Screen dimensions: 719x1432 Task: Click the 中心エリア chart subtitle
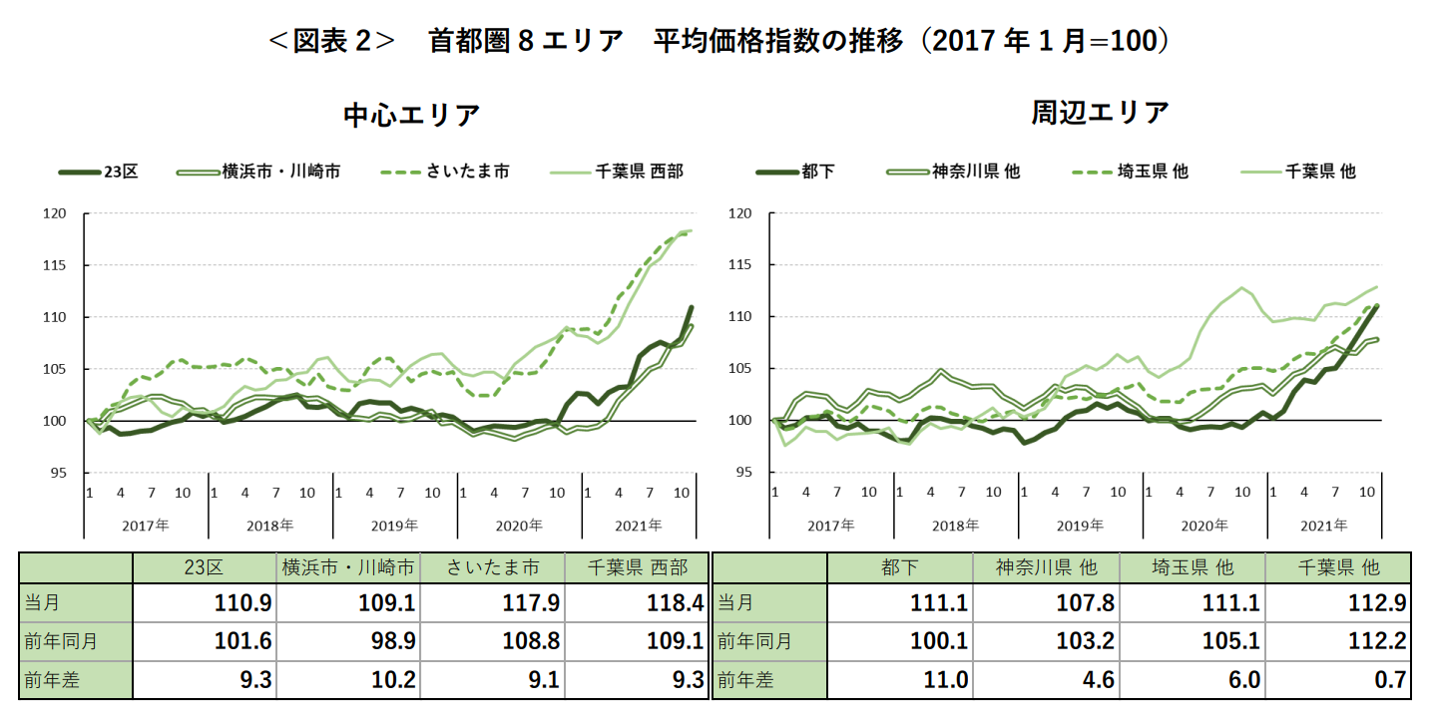pos(411,115)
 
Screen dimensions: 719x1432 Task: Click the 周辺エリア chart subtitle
pos(1100,113)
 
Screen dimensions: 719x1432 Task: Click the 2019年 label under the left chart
pos(394,525)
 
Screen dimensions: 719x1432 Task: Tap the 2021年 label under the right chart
pos(1323,525)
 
